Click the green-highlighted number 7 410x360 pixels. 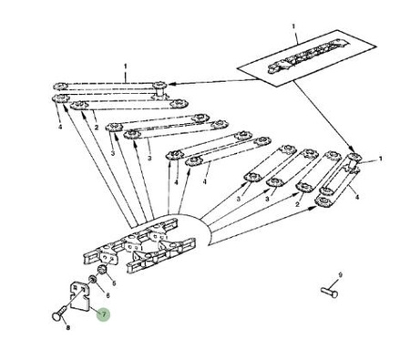click(x=104, y=314)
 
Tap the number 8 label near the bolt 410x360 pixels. click(x=68, y=328)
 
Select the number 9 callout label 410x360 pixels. click(x=340, y=275)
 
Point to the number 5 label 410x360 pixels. click(x=114, y=283)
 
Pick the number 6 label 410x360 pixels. click(x=108, y=295)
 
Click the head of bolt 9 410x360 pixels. click(x=334, y=293)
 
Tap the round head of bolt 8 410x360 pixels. click(x=57, y=316)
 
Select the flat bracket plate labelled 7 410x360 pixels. click(x=80, y=296)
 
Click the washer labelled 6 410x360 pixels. click(x=92, y=279)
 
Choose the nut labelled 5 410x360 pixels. click(x=102, y=270)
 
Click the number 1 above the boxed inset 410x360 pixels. click(x=293, y=26)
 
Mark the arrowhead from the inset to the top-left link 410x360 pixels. click(x=170, y=84)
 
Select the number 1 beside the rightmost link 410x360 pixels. click(x=380, y=159)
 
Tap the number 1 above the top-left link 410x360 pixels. click(x=126, y=66)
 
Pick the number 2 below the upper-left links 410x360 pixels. click(x=97, y=128)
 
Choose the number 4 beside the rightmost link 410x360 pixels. click(x=357, y=197)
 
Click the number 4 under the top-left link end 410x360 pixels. click(x=60, y=127)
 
